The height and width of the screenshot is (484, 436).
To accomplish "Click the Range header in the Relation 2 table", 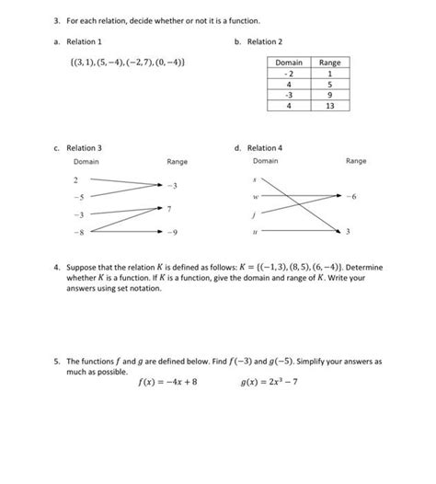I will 329,63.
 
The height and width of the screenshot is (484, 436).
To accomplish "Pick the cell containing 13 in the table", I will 329,105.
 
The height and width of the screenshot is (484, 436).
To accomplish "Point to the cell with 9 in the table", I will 329,94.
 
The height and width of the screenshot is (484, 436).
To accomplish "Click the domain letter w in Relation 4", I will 257,196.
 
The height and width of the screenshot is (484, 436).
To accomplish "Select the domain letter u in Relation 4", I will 257,232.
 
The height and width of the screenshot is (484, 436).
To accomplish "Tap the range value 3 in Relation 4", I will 350,232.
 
